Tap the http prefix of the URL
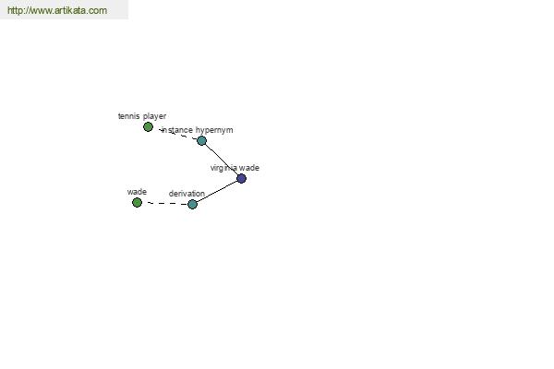(x=14, y=10)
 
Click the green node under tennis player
(x=148, y=126)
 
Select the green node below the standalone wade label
(x=137, y=202)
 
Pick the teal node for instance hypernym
(x=201, y=140)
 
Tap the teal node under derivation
(x=192, y=204)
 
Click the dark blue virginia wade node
(x=241, y=178)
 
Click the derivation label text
(x=187, y=194)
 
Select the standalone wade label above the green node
(x=137, y=192)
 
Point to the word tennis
(x=128, y=116)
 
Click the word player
(x=155, y=116)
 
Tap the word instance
(x=177, y=130)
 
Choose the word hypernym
(x=214, y=130)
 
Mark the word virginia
(x=223, y=168)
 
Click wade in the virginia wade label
(x=249, y=168)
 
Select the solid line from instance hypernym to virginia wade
(x=222, y=160)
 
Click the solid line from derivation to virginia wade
(x=217, y=191)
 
